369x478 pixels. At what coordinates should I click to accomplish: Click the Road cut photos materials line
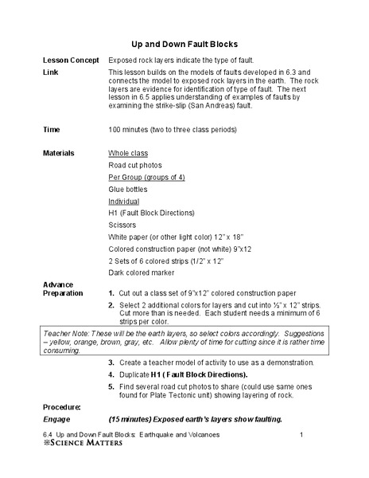point(135,165)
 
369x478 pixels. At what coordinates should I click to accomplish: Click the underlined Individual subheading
point(123,202)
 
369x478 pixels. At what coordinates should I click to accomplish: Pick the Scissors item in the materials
point(122,226)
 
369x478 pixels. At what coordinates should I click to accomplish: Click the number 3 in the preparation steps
point(111,362)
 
